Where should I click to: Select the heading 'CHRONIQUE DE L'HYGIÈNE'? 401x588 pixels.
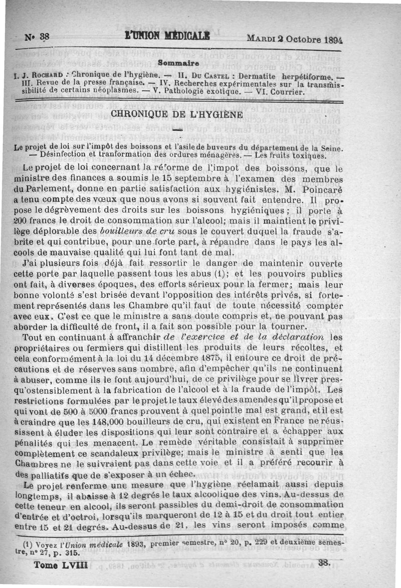(176, 114)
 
